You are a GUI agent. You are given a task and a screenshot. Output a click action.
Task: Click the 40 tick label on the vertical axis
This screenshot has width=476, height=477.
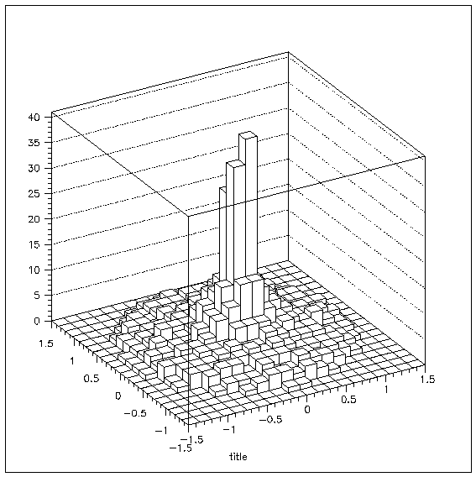[x=34, y=117]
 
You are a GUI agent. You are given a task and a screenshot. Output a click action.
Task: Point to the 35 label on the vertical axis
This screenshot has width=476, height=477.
[x=34, y=143]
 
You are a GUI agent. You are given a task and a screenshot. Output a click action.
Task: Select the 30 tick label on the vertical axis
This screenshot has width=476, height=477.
[x=34, y=168]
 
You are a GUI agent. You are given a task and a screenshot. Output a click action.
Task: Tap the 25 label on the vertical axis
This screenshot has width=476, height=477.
[x=34, y=193]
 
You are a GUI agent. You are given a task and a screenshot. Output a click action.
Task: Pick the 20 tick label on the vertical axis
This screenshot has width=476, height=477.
[x=34, y=219]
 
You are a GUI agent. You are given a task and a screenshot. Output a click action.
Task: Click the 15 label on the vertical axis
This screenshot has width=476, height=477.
[x=34, y=244]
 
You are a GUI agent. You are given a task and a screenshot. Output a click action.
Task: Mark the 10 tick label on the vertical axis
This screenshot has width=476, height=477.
[x=34, y=270]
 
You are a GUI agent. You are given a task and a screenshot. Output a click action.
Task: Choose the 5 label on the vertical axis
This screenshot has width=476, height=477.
[x=37, y=296]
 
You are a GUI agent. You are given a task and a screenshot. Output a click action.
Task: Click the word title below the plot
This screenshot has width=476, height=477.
[x=238, y=457]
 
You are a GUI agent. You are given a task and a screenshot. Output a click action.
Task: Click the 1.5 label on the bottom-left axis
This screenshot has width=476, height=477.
[x=45, y=343]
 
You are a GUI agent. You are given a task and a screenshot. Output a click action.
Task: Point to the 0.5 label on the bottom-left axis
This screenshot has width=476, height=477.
[x=92, y=379]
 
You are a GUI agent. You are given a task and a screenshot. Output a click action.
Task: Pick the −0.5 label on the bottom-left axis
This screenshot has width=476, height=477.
[x=135, y=413]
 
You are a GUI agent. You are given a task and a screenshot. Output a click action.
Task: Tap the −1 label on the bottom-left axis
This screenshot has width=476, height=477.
[x=161, y=431]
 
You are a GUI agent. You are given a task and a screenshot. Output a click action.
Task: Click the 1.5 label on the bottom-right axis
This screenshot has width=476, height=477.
[x=427, y=380]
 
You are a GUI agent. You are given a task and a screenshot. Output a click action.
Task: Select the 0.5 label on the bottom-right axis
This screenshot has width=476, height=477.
[x=348, y=400]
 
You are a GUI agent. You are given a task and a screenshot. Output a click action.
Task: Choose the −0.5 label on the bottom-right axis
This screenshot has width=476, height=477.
[x=270, y=420]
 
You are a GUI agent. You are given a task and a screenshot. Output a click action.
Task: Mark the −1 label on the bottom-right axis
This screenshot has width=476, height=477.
[x=229, y=429]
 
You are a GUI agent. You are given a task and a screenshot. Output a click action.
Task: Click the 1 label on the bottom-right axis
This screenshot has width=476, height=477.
[x=387, y=390]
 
